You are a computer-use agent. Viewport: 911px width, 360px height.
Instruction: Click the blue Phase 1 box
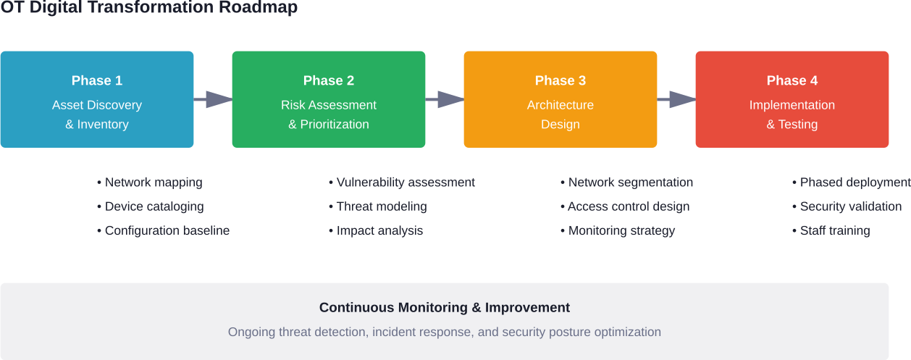click(97, 99)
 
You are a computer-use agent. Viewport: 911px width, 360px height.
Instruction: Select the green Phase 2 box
click(329, 99)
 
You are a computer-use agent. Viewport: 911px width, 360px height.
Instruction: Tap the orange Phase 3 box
click(561, 99)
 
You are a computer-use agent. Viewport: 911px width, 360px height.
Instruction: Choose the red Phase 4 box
click(792, 99)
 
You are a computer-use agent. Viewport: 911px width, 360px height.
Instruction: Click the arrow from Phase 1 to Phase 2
click(214, 99)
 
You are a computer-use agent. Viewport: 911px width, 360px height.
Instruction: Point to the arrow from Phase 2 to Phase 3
click(445, 99)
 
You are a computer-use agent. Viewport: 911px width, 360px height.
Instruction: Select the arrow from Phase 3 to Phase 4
click(677, 99)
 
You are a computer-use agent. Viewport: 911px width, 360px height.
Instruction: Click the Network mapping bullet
click(150, 183)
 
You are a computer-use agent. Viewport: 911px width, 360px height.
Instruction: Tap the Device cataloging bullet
click(151, 206)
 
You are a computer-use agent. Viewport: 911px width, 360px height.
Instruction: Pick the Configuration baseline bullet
click(164, 230)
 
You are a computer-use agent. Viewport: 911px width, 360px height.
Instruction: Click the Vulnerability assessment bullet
click(402, 183)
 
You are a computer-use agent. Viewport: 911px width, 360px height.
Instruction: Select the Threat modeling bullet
click(378, 206)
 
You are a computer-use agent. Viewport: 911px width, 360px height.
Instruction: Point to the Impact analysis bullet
click(376, 230)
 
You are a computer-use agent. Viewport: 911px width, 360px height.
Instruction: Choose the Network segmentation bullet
click(627, 183)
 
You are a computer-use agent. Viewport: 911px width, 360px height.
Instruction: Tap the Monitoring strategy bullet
click(618, 230)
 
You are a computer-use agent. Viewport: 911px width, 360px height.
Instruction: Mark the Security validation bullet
click(847, 206)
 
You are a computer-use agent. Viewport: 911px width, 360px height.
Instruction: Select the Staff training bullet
click(831, 230)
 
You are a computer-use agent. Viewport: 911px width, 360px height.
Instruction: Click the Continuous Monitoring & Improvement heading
click(445, 308)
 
